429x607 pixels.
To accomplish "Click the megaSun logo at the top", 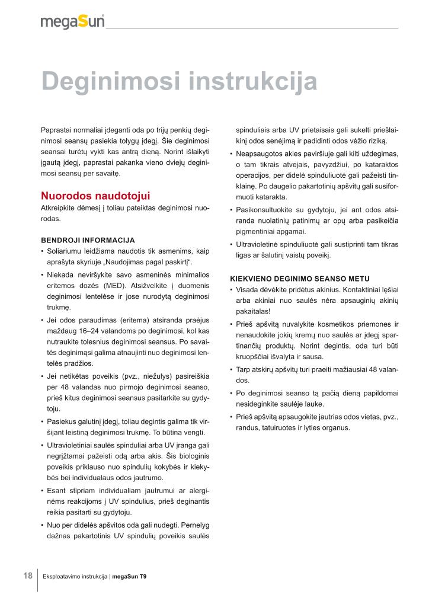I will pos(72,21).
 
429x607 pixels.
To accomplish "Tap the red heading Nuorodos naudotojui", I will pos(95,196).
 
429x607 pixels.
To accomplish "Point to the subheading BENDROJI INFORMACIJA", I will pos(88,240).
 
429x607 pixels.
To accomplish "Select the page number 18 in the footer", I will pos(27,576).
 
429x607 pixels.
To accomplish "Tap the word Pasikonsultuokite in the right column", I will pos(266,210).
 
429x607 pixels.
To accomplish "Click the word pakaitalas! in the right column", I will pos(253,311).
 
